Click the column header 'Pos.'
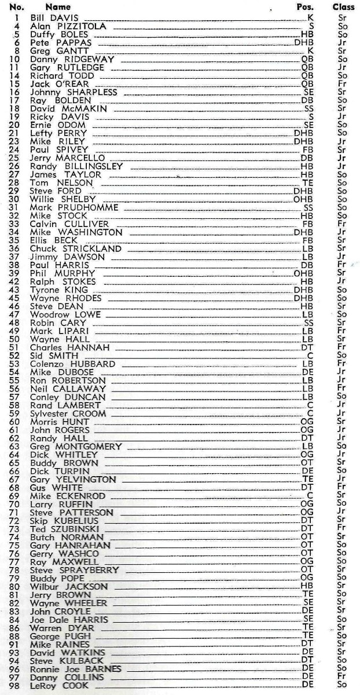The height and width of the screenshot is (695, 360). click(304, 7)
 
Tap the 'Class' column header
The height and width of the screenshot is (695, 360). click(344, 7)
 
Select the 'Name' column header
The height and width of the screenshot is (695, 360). click(58, 7)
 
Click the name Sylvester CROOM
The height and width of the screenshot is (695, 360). click(68, 414)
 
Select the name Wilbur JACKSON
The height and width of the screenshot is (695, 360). click(69, 587)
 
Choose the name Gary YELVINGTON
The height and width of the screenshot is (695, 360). click(73, 480)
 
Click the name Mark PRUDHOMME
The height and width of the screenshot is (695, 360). click(74, 207)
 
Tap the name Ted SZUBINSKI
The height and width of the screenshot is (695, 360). click(65, 529)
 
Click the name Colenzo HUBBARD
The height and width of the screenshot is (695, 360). click(72, 364)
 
